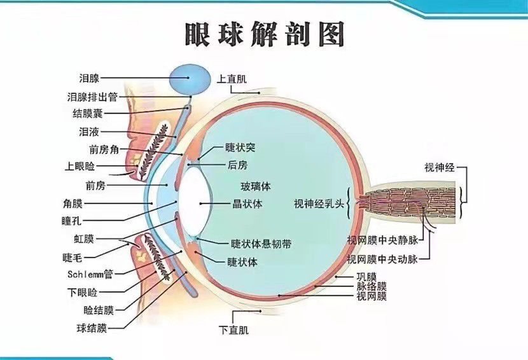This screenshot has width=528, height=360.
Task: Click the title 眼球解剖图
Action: click(265, 34)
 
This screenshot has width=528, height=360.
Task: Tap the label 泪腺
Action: click(89, 78)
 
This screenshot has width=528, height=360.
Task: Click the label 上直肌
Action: click(232, 79)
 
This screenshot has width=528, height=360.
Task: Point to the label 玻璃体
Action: click(256, 186)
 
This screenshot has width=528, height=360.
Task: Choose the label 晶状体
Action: click(247, 204)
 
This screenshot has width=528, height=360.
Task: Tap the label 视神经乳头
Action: click(319, 204)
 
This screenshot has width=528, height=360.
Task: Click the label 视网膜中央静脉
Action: click(382, 240)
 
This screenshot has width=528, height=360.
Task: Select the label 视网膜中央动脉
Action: click(382, 260)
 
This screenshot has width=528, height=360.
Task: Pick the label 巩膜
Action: click(366, 277)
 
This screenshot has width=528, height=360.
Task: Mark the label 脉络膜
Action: click(372, 287)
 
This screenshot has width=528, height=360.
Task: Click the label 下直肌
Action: click(233, 329)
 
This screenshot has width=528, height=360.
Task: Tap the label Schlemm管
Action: click(90, 274)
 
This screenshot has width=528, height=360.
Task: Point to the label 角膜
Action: click(73, 204)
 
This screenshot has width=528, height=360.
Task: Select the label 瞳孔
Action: click(71, 221)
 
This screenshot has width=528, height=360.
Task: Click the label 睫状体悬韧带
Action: click(261, 244)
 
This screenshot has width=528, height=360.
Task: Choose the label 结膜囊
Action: click(87, 113)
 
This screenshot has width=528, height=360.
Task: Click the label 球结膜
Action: click(92, 328)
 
